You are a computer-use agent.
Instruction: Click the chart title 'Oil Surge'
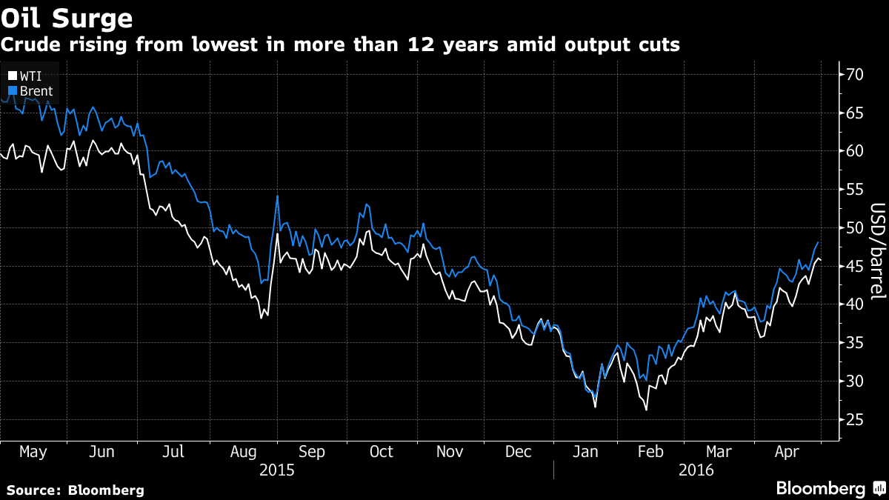67,17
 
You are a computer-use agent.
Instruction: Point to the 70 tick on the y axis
855,74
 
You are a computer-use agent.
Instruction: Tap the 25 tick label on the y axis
855,420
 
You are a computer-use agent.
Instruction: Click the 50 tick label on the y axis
855,227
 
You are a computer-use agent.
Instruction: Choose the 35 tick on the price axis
855,343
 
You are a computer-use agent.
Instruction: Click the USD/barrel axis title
877,251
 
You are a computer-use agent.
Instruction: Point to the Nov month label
450,452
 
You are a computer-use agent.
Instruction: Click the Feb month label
651,452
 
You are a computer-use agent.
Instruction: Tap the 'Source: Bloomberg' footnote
75,490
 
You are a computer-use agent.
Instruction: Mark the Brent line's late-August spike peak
277,196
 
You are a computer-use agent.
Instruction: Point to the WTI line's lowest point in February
646,410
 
